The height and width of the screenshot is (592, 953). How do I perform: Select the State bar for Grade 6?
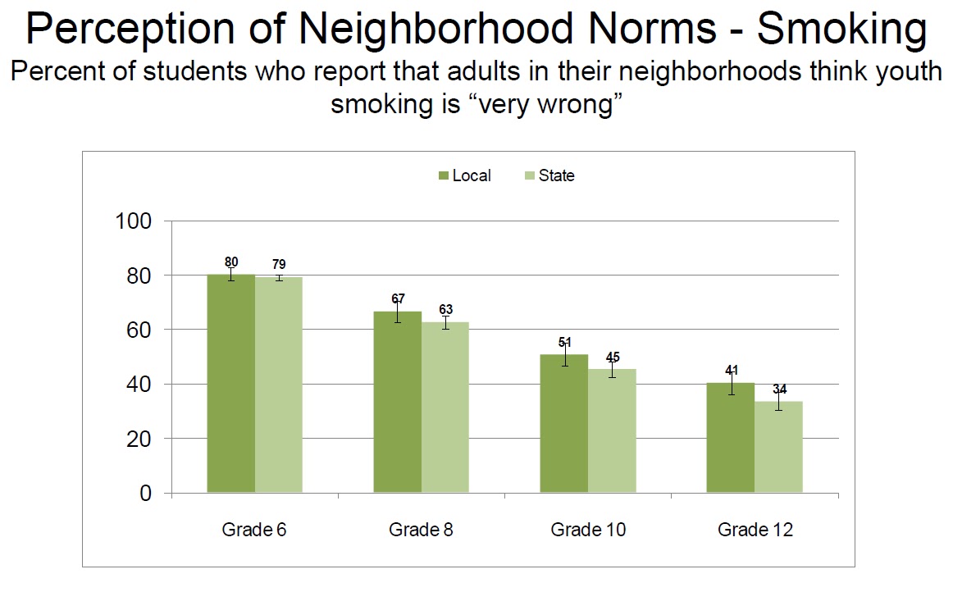279,385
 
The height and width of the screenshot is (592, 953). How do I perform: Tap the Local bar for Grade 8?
398,403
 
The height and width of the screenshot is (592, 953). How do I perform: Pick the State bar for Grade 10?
613,431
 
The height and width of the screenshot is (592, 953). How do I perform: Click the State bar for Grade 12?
779,447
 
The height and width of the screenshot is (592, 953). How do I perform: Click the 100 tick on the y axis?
135,221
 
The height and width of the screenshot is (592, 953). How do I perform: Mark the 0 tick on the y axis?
146,494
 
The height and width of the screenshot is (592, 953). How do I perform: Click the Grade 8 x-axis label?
421,530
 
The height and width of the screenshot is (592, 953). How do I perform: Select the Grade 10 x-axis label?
588,530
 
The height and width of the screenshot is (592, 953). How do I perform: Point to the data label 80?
231,262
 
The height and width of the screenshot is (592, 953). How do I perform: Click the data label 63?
446,309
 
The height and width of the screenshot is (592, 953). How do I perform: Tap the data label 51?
564,342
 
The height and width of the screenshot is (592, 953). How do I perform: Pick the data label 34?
779,389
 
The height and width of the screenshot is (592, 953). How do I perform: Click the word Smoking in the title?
841,30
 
